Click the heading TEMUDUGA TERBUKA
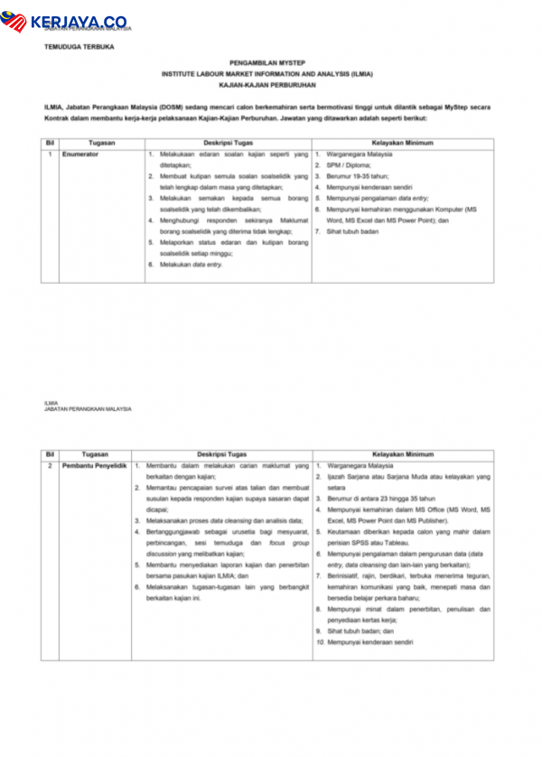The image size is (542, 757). [x=79, y=46]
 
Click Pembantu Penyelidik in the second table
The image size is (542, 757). [x=95, y=465]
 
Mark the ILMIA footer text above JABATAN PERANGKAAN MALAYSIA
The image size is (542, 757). [x=51, y=403]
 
